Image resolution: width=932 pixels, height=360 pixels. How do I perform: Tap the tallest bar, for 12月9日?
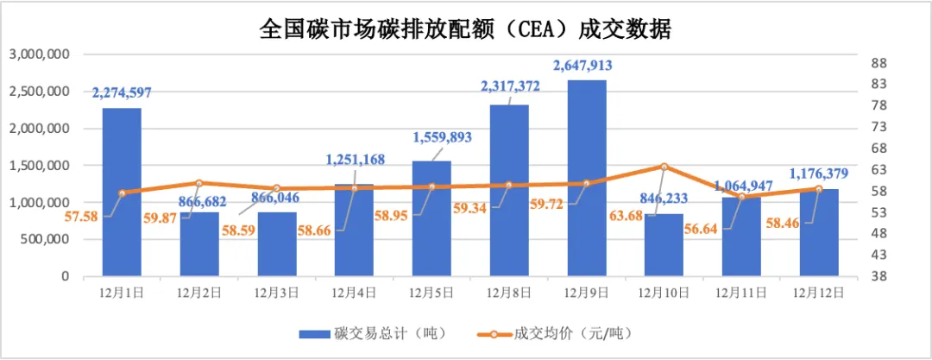[x=587, y=178]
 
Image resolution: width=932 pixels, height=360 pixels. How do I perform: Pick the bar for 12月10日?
[x=664, y=245]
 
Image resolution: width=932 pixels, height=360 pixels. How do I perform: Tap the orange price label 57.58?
[x=82, y=214]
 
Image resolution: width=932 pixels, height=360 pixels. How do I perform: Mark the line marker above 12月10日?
[x=664, y=166]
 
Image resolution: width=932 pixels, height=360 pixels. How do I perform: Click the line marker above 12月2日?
[x=199, y=183]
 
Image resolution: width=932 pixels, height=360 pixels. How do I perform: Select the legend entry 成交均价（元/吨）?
[x=578, y=333]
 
